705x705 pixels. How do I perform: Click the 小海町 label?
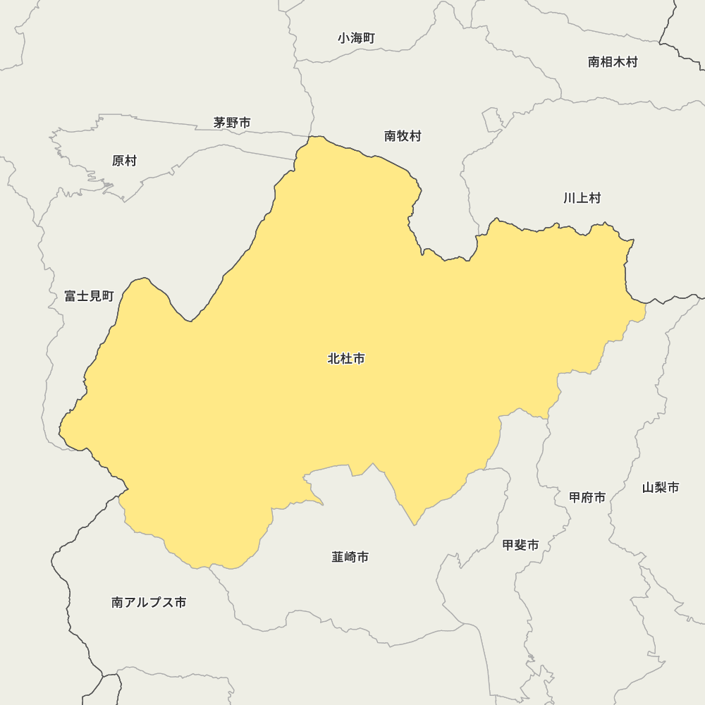coord(356,38)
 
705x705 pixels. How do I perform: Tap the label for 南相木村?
coord(613,62)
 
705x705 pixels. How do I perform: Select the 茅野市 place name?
coord(232,123)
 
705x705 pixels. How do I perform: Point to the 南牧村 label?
coord(403,136)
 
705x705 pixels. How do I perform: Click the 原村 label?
coord(124,161)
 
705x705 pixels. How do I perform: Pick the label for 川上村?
coord(582,198)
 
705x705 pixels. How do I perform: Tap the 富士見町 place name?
coord(89,296)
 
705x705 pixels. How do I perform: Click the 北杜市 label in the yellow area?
coord(346,359)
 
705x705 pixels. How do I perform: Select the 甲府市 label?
coord(587,498)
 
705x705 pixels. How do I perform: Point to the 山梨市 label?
coord(661,487)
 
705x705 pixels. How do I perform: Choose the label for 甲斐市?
coord(520,545)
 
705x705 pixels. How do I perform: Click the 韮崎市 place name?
coord(350,557)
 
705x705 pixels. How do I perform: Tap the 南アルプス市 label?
coord(149,603)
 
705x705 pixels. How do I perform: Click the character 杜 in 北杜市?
coord(346,359)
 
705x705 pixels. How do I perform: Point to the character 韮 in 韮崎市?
coord(338,557)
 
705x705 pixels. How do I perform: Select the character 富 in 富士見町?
coord(70,296)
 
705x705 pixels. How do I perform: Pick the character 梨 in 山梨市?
coord(661,487)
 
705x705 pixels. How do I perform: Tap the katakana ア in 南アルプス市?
coord(130,603)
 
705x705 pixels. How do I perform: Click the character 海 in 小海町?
coord(356,38)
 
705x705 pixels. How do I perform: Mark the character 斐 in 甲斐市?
coord(520,545)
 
